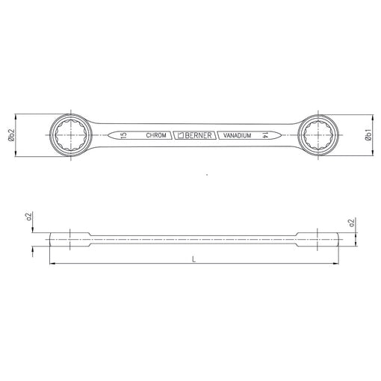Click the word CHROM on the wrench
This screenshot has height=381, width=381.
coord(156,135)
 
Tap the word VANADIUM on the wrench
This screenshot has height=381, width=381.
coord(237,135)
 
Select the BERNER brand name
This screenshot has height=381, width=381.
coord(198,135)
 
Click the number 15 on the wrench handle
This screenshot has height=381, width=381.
coord(123,135)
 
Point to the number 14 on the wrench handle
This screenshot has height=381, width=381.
coord(264,135)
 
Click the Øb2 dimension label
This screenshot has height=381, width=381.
coord(11,135)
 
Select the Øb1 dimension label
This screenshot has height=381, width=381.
coord(368,135)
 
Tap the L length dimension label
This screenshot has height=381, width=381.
coord(194,259)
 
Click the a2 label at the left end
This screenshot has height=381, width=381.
coord(29,217)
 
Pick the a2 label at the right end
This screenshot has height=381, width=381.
coord(351,223)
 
